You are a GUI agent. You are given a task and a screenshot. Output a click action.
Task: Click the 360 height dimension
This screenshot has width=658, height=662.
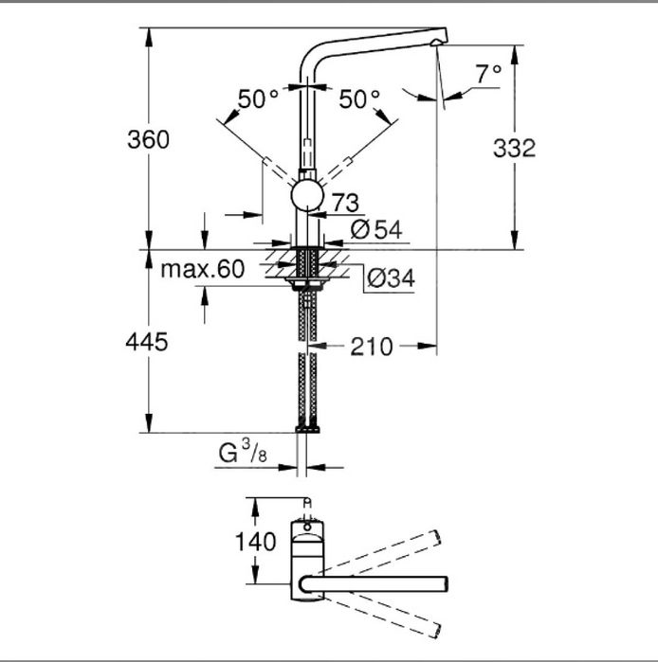[x=149, y=139]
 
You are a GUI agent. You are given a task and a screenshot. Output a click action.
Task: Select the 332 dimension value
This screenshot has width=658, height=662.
[x=515, y=148]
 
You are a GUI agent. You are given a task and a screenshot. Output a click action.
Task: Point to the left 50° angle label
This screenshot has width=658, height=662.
[x=258, y=98]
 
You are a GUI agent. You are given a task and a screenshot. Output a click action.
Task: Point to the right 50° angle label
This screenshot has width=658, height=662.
[x=359, y=98]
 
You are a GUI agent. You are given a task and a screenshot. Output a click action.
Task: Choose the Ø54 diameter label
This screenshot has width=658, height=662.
[x=376, y=228]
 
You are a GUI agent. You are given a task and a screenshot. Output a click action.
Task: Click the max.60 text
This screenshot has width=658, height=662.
[x=202, y=269]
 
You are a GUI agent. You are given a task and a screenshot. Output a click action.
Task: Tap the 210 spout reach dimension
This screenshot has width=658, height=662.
[x=371, y=347]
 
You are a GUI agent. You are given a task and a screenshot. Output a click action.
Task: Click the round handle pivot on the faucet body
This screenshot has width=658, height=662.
[x=307, y=197]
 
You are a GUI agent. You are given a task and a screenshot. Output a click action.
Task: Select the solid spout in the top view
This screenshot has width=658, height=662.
[x=379, y=581]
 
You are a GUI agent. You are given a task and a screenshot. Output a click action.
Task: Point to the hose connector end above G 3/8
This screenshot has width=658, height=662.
[x=307, y=428]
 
